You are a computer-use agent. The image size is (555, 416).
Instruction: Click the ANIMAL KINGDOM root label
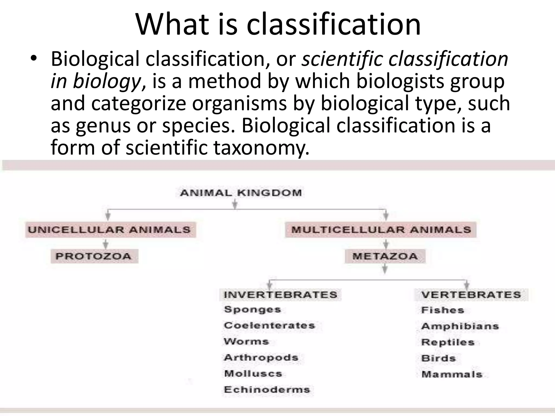pyautogui.click(x=241, y=193)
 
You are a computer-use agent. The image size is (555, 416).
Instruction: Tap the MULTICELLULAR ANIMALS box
pyautogui.click(x=381, y=230)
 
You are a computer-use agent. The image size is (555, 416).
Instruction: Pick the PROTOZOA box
pyautogui.click(x=94, y=256)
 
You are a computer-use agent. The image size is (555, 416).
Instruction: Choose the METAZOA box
pyautogui.click(x=385, y=256)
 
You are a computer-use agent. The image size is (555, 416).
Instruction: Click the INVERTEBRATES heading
pyautogui.click(x=280, y=295)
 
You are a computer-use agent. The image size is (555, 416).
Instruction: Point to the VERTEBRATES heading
pyautogui.click(x=471, y=295)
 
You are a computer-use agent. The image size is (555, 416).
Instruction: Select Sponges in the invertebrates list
pyautogui.click(x=253, y=310)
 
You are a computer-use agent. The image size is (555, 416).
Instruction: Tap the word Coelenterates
pyautogui.click(x=269, y=326)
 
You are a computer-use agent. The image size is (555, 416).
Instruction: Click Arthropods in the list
pyautogui.click(x=261, y=357)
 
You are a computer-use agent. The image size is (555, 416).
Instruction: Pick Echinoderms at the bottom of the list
pyautogui.click(x=267, y=390)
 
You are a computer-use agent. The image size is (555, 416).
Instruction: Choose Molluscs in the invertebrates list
pyautogui.click(x=253, y=374)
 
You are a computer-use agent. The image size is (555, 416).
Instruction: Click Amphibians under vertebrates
pyautogui.click(x=460, y=326)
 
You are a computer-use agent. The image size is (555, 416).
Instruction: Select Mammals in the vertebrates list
pyautogui.click(x=452, y=375)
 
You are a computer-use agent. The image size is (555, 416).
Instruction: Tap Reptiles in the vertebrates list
pyautogui.click(x=448, y=342)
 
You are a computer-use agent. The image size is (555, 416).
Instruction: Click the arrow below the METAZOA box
pyautogui.click(x=385, y=269)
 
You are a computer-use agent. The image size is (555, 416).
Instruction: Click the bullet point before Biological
pyautogui.click(x=33, y=58)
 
